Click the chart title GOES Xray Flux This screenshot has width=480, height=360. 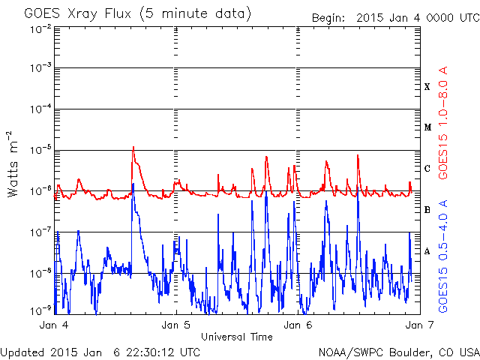pyautogui.click(x=77, y=14)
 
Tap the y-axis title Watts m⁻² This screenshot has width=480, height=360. pyautogui.click(x=13, y=163)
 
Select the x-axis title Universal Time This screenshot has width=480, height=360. pyautogui.click(x=237, y=337)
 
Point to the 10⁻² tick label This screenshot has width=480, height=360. pyautogui.click(x=40, y=30)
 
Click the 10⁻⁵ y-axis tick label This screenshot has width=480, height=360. pyautogui.click(x=40, y=150)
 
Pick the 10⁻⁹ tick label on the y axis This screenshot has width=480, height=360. pyautogui.click(x=40, y=311)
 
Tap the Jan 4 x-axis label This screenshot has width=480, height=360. pyautogui.click(x=54, y=325)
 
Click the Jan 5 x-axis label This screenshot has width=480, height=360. pyautogui.click(x=176, y=325)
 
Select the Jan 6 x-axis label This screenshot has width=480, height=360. pyautogui.click(x=298, y=325)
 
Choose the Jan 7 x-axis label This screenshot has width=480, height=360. pyautogui.click(x=419, y=325)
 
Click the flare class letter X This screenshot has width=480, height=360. pyautogui.click(x=427, y=87)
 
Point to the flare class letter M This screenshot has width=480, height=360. pyautogui.click(x=427, y=127)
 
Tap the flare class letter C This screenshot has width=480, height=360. pyautogui.click(x=427, y=168)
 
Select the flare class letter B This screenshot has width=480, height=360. pyautogui.click(x=427, y=210)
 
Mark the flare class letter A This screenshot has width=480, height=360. pyautogui.click(x=427, y=251)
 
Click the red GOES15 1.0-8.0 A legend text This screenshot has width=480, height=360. pyautogui.click(x=443, y=122)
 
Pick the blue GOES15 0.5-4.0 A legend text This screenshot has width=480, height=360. pyautogui.click(x=443, y=256)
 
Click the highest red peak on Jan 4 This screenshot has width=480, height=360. pyautogui.click(x=133, y=147)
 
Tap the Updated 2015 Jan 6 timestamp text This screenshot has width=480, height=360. pyautogui.click(x=100, y=352)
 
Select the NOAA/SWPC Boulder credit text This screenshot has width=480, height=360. pyautogui.click(x=399, y=352)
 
